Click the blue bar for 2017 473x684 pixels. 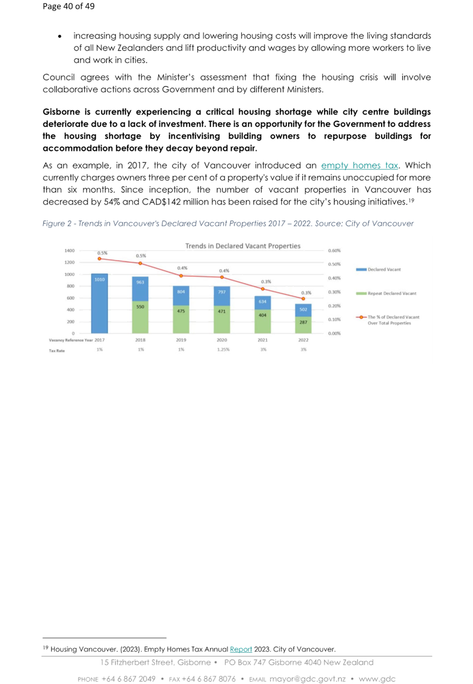[99, 303]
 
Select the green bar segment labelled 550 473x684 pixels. [140, 317]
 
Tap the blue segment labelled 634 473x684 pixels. [262, 303]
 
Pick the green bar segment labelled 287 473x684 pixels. [303, 325]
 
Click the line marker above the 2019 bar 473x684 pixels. [181, 276]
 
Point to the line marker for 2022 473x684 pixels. [303, 299]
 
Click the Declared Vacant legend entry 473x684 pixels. [378, 269]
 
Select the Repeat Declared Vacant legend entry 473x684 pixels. [386, 293]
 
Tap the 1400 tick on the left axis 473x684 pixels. [69, 251]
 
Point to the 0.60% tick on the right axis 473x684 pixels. [334, 251]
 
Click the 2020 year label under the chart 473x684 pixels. [222, 340]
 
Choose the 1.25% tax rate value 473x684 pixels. [224, 350]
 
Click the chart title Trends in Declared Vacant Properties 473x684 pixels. [243, 246]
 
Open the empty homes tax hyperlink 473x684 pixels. [360, 165]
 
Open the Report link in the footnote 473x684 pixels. [241, 649]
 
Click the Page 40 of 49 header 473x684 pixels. [68, 6]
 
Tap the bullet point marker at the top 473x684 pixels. [60, 37]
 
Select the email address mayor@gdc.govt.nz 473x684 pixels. [307, 679]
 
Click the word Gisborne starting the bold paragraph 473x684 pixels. [61, 112]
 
